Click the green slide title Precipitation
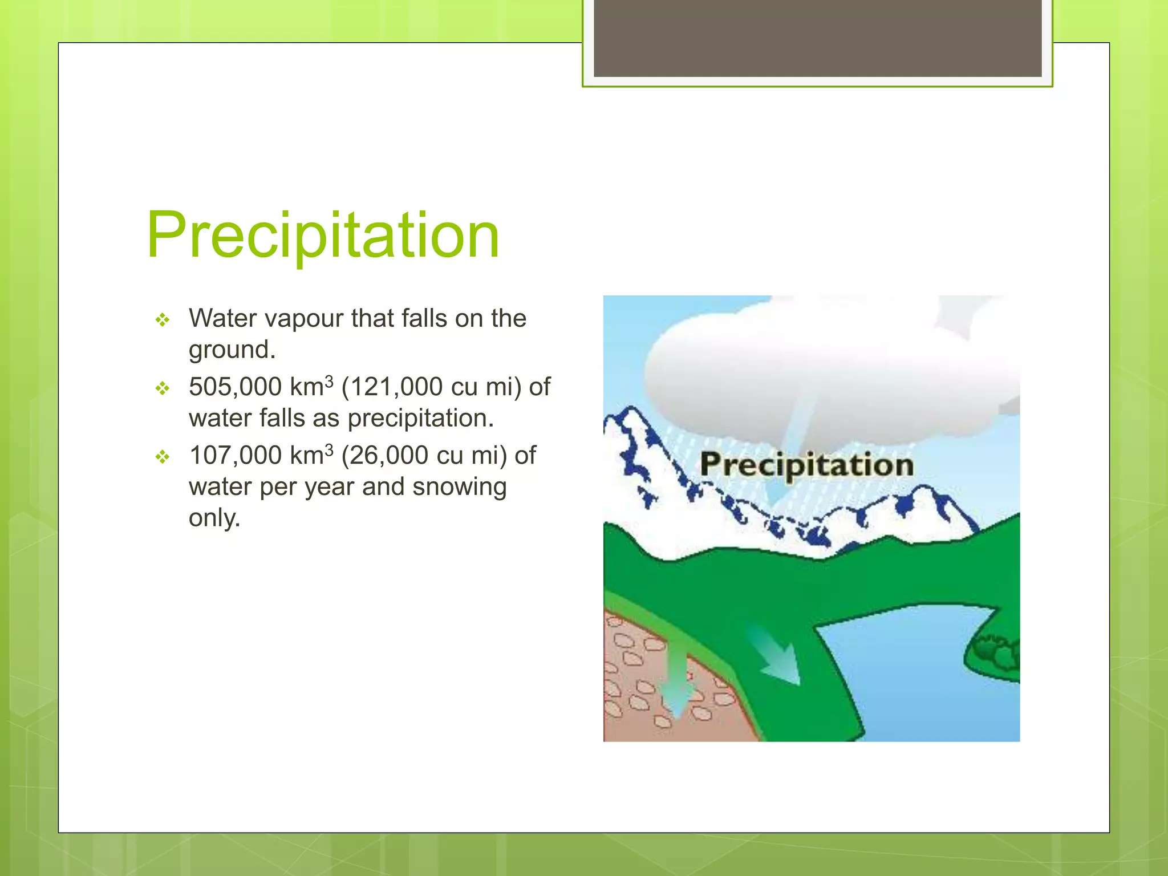323,235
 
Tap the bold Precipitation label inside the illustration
806,464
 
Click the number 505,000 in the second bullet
235,387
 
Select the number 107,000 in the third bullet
235,456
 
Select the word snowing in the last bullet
459,487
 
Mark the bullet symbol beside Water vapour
163,320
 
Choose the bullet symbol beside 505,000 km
163,388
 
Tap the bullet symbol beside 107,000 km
163,457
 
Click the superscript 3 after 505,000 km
329,381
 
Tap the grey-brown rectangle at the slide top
817,38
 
